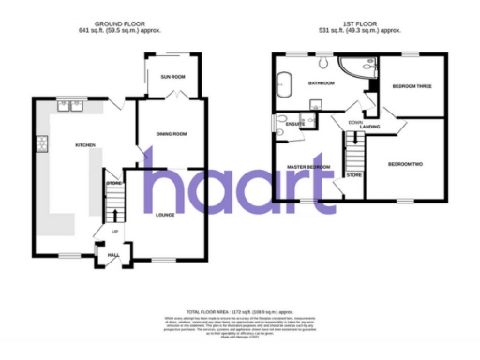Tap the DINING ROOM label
[172, 134]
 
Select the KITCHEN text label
[73, 145]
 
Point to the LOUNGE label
[166, 215]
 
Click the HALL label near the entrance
[114, 254]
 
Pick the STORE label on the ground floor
[114, 182]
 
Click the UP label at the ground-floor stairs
[115, 232]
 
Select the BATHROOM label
[322, 83]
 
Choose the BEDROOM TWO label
[405, 164]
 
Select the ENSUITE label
[294, 123]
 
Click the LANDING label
[369, 127]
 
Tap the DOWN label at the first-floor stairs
[354, 122]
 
